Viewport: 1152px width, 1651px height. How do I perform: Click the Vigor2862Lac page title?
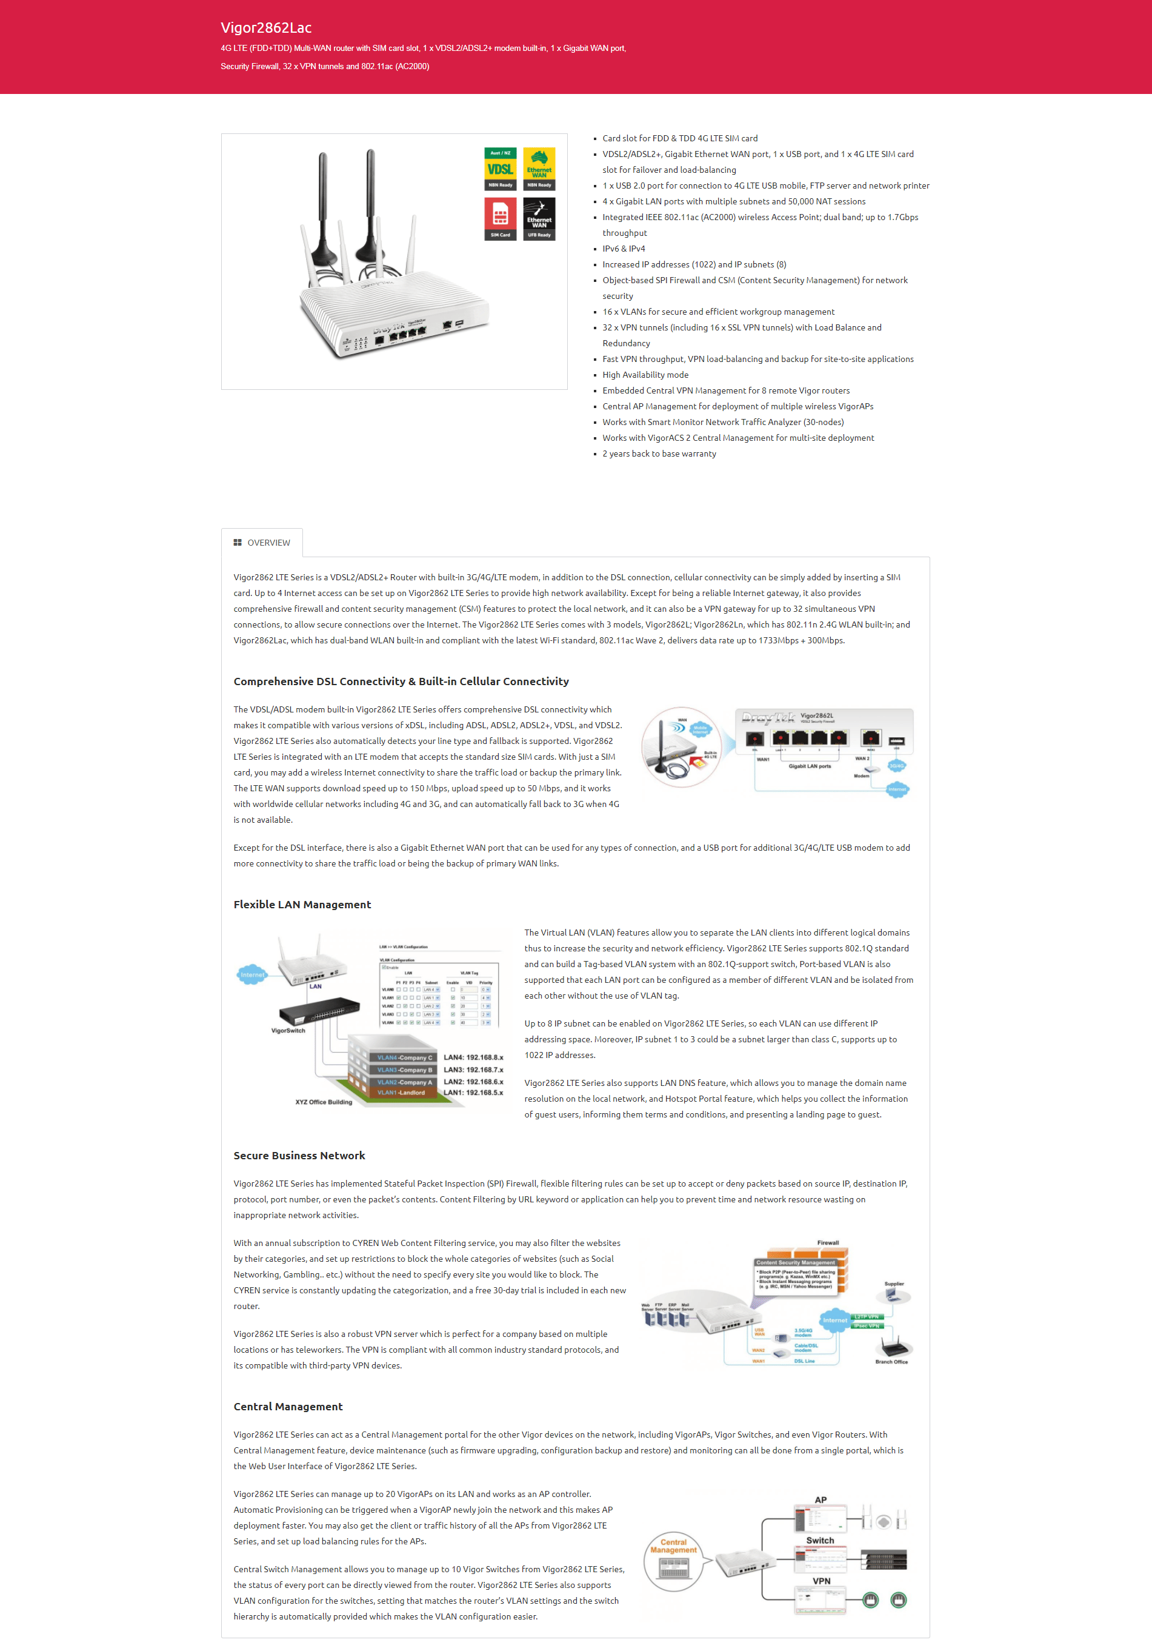(x=266, y=28)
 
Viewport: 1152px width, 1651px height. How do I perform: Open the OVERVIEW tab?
(x=262, y=543)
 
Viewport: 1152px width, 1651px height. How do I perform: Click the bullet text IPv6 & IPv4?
(x=623, y=249)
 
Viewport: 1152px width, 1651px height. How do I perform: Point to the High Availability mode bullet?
(x=645, y=375)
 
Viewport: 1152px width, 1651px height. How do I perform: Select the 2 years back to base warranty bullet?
(x=658, y=454)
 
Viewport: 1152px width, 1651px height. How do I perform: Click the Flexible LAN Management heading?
(x=302, y=905)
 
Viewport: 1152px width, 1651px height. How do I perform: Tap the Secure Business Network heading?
(x=299, y=1156)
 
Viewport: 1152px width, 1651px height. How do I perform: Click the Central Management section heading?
(x=287, y=1407)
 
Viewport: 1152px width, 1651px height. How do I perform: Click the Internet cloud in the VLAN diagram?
(x=252, y=975)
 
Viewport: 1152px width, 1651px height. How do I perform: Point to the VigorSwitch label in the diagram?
(x=288, y=1031)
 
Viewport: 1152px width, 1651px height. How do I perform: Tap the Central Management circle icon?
(x=673, y=1562)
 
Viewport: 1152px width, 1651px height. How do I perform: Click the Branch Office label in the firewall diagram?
(x=891, y=1361)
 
